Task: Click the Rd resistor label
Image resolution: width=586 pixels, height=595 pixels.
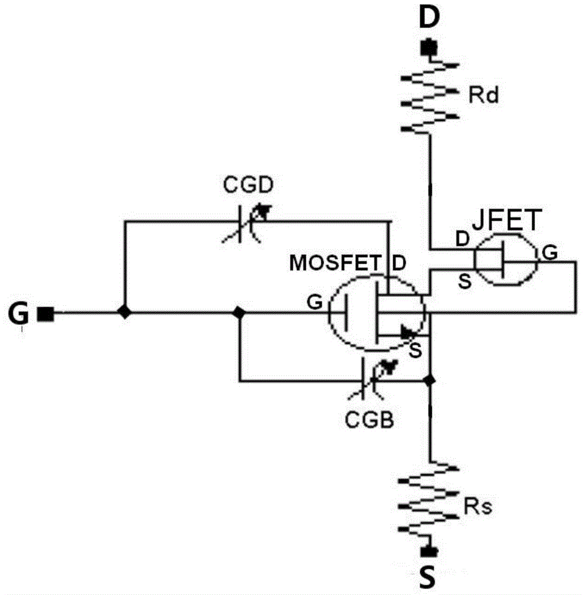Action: (x=483, y=95)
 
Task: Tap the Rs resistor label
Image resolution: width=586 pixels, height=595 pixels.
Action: (x=478, y=506)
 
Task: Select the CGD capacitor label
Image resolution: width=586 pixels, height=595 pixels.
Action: (x=248, y=185)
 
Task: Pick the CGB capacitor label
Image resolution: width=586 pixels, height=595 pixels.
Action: (x=369, y=420)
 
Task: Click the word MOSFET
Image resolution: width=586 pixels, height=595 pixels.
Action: (x=336, y=262)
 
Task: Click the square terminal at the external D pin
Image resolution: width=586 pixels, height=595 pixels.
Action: (x=430, y=48)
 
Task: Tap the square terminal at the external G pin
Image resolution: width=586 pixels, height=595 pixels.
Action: (x=46, y=314)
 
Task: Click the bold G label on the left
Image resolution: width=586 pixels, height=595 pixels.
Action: (x=18, y=314)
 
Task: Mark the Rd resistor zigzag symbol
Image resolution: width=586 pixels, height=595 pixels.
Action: (x=430, y=98)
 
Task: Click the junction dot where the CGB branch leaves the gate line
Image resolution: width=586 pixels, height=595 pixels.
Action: (x=239, y=312)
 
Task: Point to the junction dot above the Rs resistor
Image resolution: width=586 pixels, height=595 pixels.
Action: (x=430, y=380)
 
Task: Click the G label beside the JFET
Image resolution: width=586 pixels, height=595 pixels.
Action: (x=550, y=252)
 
